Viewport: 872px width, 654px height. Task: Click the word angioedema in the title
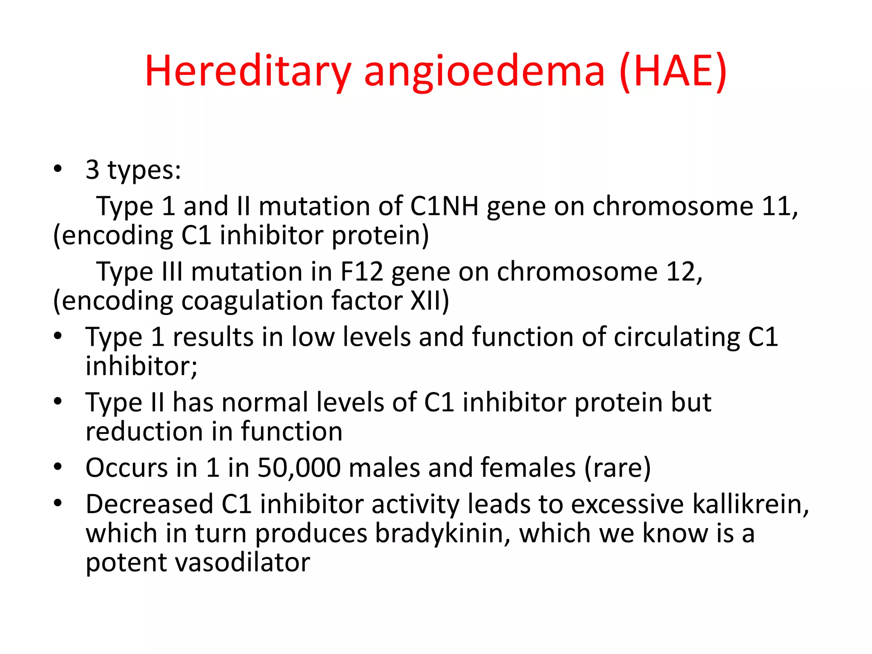[484, 71]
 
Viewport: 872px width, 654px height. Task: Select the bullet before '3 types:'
[58, 169]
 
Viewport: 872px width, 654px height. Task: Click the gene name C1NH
[444, 206]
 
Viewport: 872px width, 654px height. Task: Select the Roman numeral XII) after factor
[430, 301]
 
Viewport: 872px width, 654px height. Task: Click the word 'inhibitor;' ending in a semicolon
[141, 366]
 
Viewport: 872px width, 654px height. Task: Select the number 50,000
[299, 468]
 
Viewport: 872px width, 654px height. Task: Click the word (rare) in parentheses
[617, 468]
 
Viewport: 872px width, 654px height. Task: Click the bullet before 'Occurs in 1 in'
[58, 467]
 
